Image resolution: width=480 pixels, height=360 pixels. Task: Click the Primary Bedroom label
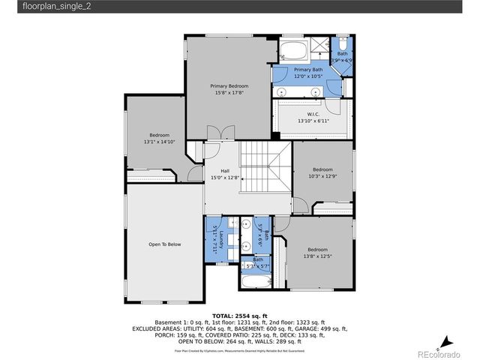coord(229,86)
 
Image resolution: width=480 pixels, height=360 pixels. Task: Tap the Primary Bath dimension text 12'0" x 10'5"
coord(307,76)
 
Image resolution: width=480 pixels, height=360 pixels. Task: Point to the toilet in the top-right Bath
coord(342,43)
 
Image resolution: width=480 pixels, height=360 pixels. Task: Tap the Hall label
coord(224,171)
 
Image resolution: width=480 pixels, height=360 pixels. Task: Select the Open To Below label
coord(164,244)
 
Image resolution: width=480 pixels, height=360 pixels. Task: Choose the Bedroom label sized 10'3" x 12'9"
coord(322,169)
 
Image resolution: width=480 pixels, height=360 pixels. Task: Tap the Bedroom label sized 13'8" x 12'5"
coord(317,250)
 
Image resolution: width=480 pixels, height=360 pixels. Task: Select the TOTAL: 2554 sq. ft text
coord(239,316)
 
